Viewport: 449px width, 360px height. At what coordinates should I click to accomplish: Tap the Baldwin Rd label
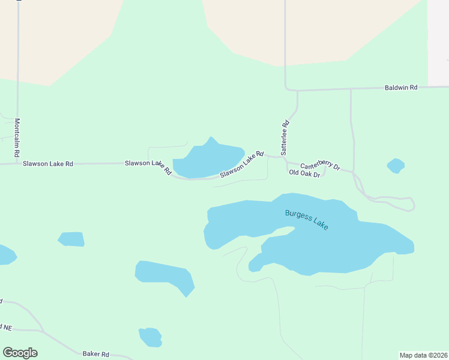tap(400, 88)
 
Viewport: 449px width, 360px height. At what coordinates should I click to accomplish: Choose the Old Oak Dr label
tap(304, 173)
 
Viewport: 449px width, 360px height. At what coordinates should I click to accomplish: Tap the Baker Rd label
tap(96, 354)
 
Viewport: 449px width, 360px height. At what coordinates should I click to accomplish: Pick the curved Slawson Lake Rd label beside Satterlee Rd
tap(242, 164)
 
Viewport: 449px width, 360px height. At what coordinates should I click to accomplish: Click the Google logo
tap(20, 353)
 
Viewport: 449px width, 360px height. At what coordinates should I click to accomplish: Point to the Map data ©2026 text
tap(423, 355)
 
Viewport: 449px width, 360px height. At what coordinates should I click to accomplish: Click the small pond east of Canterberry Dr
tap(396, 166)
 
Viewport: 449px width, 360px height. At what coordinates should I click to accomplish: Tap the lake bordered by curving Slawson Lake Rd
tap(207, 161)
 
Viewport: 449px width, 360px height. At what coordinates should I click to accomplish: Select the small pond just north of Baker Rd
tap(151, 337)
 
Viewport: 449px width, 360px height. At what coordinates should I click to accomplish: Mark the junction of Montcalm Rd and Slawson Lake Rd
tap(17, 163)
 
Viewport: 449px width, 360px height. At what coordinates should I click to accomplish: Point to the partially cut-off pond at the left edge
tap(6, 254)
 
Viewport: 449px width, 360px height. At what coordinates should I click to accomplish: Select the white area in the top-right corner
tap(438, 36)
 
